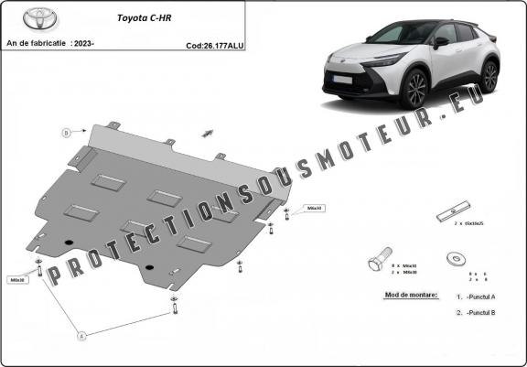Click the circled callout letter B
tap(67, 133)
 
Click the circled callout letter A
tap(81, 336)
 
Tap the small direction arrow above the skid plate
tap(208, 134)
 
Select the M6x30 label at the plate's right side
tap(314, 208)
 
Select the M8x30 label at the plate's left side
tap(18, 280)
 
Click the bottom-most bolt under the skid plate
tap(174, 305)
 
